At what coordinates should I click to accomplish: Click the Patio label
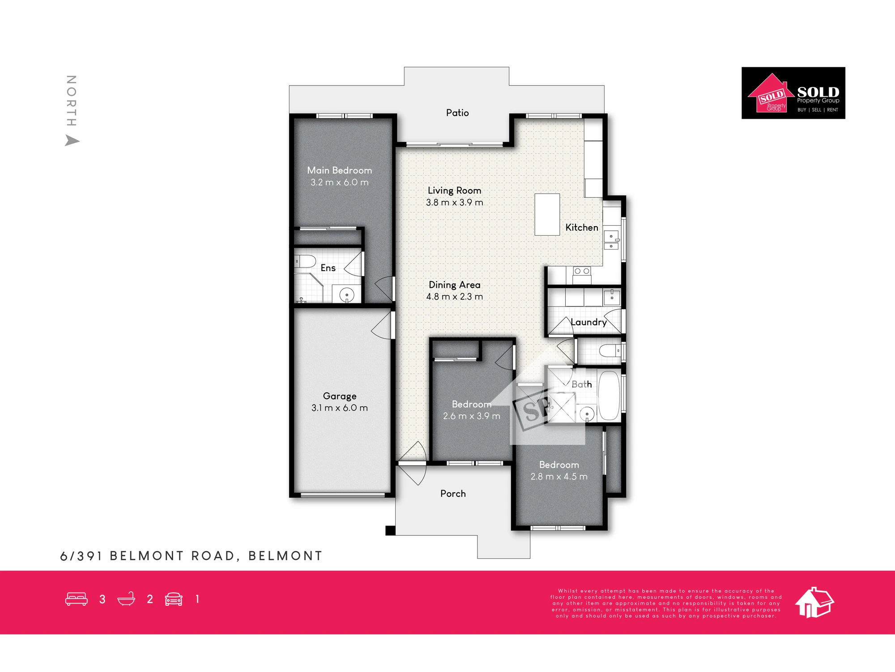(x=457, y=113)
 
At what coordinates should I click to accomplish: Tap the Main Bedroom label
(x=340, y=170)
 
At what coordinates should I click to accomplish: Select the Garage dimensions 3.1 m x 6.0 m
(x=340, y=408)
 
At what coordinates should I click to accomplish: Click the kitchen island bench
(x=547, y=214)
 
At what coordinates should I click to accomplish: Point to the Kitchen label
(x=582, y=228)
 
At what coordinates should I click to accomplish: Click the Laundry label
(x=589, y=322)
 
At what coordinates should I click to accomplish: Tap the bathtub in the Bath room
(x=609, y=395)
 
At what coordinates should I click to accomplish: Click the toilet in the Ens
(x=305, y=261)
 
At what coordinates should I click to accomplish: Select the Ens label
(x=328, y=268)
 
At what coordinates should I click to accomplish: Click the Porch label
(x=453, y=494)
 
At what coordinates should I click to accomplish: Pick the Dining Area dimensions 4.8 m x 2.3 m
(x=455, y=297)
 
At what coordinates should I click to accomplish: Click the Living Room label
(x=455, y=190)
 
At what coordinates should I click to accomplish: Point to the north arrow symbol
(x=72, y=141)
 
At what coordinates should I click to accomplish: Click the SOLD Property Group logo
(x=793, y=93)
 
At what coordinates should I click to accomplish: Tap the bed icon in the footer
(x=77, y=599)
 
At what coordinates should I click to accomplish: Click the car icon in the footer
(x=174, y=599)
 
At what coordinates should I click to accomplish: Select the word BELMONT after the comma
(x=285, y=556)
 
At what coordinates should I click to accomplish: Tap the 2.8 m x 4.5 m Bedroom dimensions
(x=559, y=477)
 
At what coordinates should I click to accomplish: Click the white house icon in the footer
(x=814, y=603)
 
